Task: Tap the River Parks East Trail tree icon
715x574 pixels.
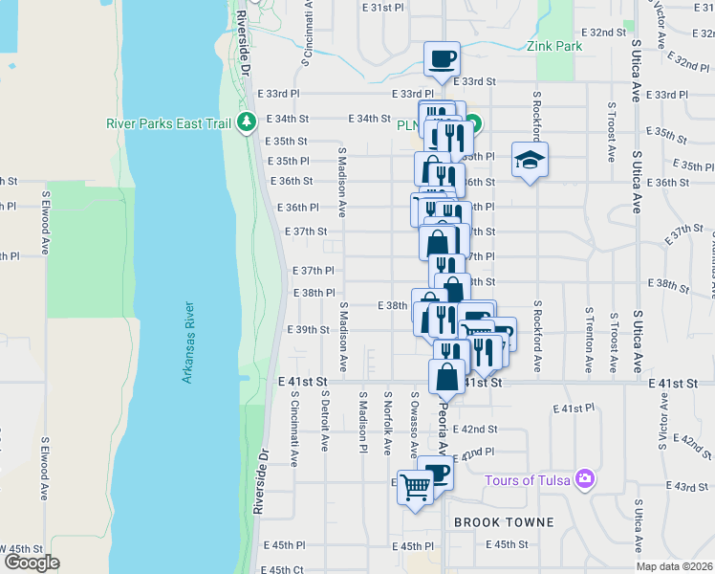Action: point(248,121)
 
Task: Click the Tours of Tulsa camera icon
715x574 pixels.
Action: point(585,479)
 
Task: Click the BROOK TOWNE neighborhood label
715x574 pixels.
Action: point(503,522)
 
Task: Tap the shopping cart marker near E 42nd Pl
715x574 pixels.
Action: point(415,488)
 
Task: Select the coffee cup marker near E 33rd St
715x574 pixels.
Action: point(442,58)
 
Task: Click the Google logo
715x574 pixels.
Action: point(32,563)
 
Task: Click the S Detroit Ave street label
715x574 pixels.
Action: point(325,421)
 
